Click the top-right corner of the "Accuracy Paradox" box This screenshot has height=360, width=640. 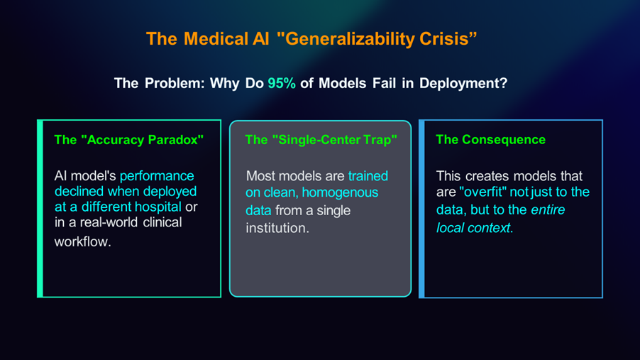(221, 120)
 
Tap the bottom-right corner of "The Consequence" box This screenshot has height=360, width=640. (602, 298)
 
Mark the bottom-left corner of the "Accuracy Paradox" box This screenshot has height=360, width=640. (38, 297)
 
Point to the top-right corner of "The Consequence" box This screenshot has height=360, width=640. (602, 120)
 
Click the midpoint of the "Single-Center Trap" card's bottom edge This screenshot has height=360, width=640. (321, 296)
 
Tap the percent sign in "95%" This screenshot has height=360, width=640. (289, 83)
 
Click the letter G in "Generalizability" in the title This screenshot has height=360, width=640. (292, 39)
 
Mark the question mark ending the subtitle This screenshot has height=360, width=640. (504, 83)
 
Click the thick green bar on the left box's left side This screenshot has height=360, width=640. (40, 208)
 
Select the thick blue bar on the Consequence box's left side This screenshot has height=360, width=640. (421, 209)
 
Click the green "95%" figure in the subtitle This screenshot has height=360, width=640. (282, 83)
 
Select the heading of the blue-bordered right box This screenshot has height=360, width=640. (490, 140)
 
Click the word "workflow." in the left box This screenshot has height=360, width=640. (83, 241)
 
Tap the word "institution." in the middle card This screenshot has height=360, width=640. (277, 228)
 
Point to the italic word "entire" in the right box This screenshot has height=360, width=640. (548, 209)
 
